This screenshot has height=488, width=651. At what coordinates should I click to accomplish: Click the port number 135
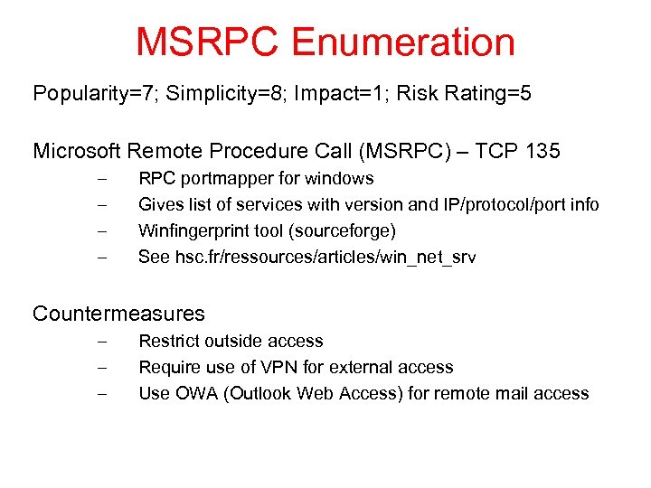(x=542, y=150)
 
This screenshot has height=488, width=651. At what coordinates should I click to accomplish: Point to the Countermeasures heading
(x=118, y=314)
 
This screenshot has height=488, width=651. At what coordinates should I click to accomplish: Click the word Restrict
(x=167, y=342)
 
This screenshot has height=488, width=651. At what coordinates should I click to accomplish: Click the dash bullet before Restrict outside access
(x=101, y=342)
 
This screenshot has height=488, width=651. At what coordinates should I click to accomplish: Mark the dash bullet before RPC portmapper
(x=101, y=179)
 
